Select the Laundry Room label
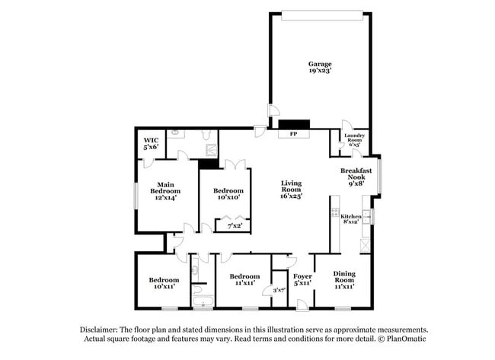pos(356,139)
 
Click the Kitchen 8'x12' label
pos(350,220)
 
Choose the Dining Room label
pos(343,281)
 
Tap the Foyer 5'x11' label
pos(302,279)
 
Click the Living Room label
pos(292,190)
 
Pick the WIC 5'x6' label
pos(151,144)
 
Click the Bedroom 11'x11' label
pos(244,280)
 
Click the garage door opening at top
pos(321,13)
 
